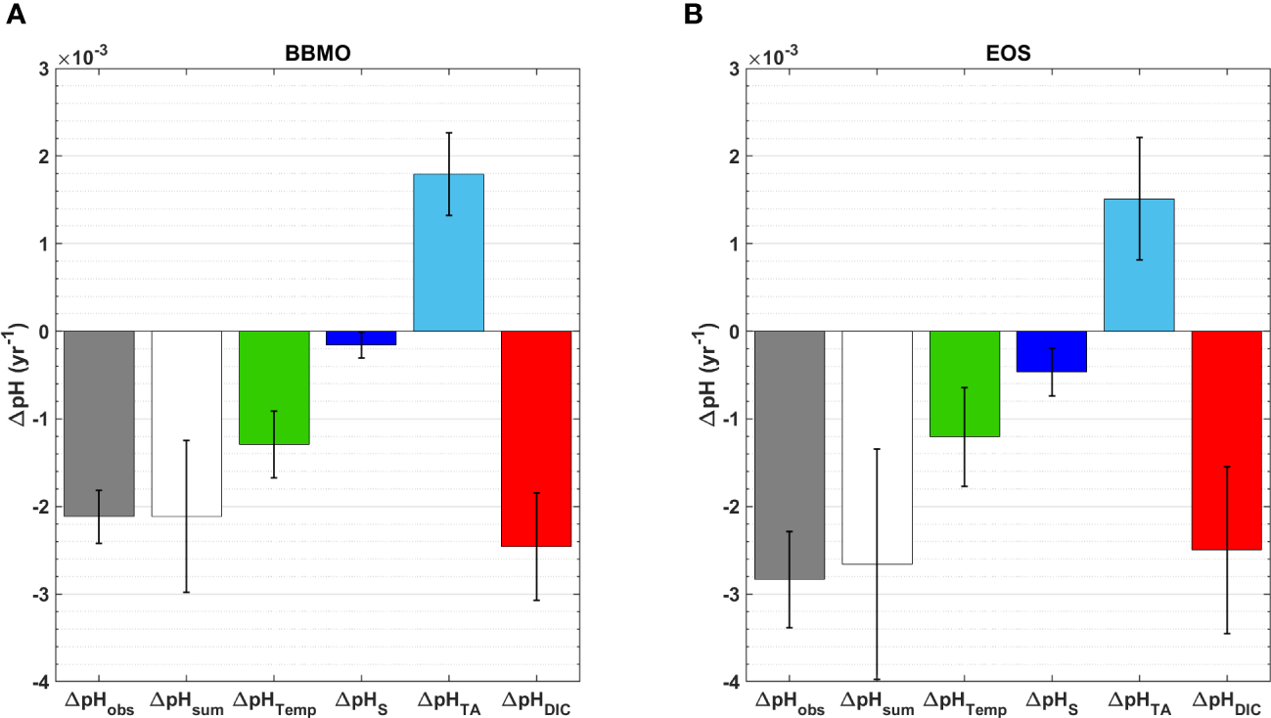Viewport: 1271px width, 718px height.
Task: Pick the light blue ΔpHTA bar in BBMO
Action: point(448,252)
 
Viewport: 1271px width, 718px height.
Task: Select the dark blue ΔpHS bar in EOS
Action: point(1052,351)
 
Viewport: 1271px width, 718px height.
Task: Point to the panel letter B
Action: point(703,15)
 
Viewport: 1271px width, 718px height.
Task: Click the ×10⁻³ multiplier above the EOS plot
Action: point(773,57)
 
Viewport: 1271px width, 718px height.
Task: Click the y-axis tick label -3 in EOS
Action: point(731,594)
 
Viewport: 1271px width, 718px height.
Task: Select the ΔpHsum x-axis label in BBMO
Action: point(186,700)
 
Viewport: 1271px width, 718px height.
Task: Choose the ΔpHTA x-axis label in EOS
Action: point(1139,700)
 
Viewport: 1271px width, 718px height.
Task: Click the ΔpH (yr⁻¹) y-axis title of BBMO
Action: point(20,375)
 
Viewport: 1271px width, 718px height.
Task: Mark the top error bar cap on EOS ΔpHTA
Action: point(1139,138)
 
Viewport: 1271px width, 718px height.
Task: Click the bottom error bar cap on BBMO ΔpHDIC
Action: point(536,600)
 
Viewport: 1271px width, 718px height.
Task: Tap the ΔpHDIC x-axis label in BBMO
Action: point(536,700)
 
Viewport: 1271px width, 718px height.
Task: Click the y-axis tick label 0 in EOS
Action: point(735,332)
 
